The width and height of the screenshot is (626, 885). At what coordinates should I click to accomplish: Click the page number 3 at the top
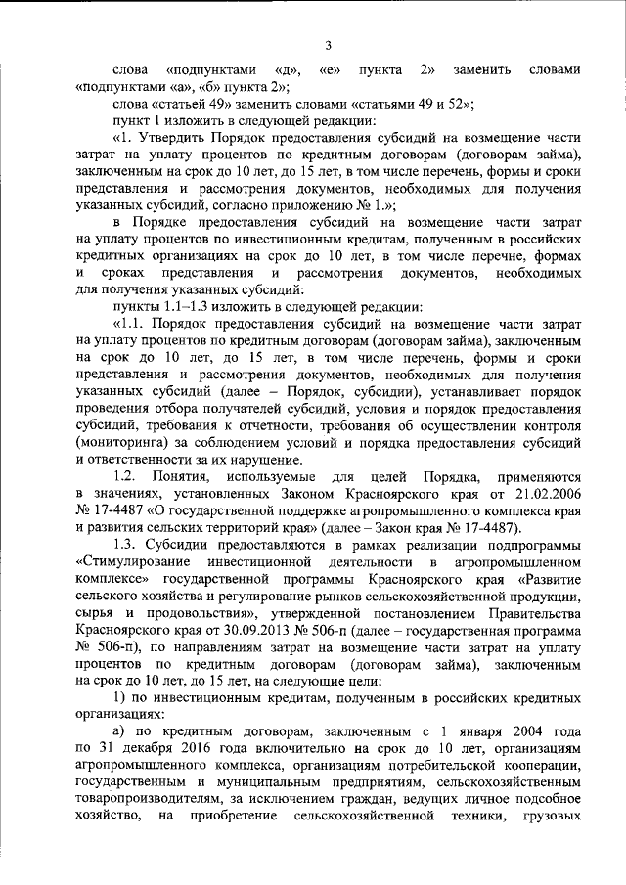[x=329, y=44]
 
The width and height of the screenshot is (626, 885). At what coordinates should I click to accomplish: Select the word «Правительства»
[x=536, y=596]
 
